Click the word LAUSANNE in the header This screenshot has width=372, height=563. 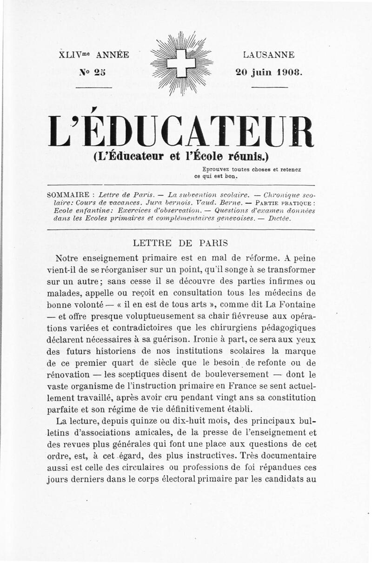[269, 55]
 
